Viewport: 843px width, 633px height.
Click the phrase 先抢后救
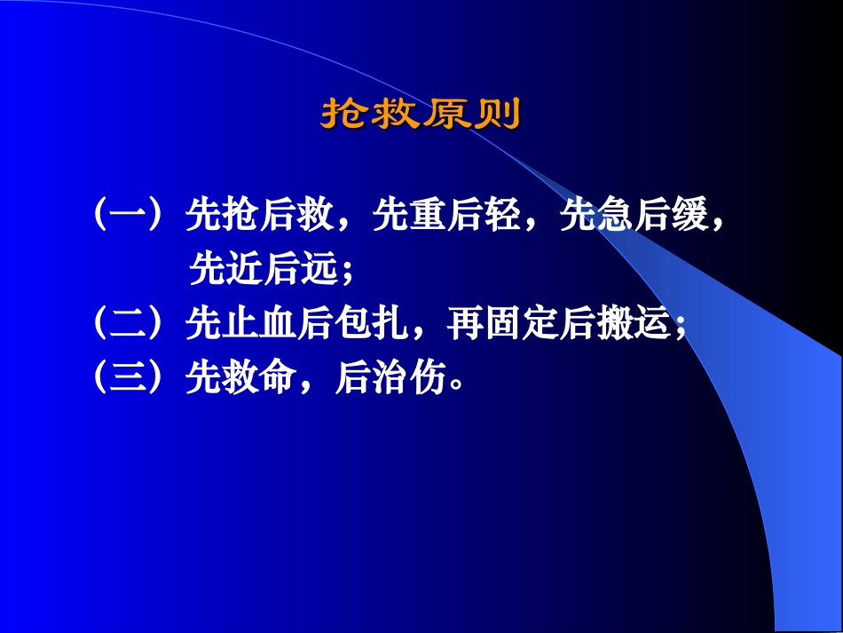click(259, 216)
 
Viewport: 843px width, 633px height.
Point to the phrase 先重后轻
click(445, 216)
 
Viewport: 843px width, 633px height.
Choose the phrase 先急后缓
click(632, 216)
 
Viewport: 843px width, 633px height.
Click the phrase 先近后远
click(264, 269)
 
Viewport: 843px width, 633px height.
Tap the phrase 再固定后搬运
click(556, 326)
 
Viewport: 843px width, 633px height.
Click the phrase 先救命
click(240, 378)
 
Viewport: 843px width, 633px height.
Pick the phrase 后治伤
click(390, 378)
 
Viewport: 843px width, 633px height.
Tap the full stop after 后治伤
click(457, 386)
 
